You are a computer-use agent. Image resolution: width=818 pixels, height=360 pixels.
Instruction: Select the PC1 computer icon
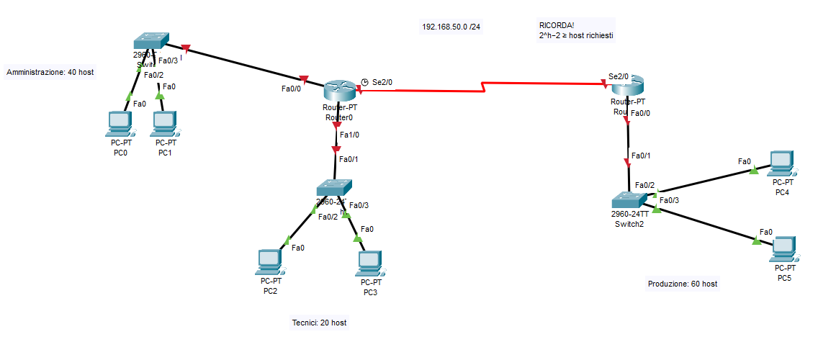tap(166, 124)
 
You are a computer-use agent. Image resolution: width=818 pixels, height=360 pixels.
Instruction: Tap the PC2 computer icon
tap(269, 262)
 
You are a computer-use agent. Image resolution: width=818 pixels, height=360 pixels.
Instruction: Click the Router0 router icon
tap(338, 90)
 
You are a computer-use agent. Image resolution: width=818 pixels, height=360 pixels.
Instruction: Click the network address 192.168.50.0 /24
tap(451, 27)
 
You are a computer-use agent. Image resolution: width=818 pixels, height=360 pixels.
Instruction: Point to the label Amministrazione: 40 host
tap(50, 72)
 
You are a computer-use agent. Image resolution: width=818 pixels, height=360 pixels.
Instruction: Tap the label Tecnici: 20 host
tap(319, 323)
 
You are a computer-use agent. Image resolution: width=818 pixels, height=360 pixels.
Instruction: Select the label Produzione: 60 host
tap(682, 284)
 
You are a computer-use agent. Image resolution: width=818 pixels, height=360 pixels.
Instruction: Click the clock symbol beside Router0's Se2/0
tap(364, 82)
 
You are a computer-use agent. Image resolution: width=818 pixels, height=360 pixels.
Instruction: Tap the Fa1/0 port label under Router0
tap(349, 135)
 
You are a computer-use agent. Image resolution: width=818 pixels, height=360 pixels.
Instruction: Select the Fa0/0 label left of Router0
tap(291, 89)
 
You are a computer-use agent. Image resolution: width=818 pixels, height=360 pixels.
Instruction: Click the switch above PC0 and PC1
tap(151, 42)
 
